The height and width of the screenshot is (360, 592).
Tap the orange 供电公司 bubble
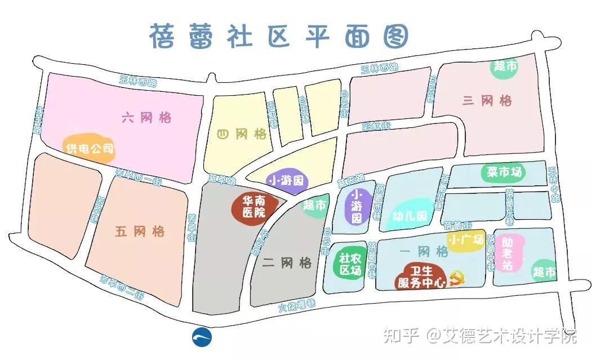89,149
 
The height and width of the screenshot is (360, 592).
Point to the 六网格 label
146,118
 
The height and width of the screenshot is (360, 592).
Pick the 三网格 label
487,101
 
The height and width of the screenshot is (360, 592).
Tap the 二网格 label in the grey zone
287,263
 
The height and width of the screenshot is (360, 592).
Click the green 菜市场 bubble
504,172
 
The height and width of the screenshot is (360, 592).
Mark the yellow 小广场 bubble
466,240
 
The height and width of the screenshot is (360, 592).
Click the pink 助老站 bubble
508,253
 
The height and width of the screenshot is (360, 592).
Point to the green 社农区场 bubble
349,264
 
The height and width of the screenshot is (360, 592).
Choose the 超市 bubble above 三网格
505,66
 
